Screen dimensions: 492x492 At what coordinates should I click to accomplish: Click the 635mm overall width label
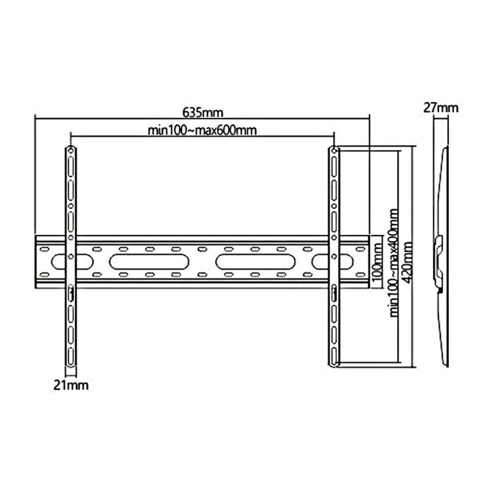click(x=202, y=113)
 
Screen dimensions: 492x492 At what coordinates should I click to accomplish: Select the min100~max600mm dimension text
click(x=202, y=130)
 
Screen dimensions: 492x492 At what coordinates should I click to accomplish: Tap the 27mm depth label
click(x=440, y=108)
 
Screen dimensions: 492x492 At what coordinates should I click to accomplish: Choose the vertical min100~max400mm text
click(x=394, y=261)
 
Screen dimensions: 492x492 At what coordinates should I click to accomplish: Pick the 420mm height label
click(x=407, y=261)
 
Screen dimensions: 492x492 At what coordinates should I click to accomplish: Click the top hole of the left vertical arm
click(x=71, y=151)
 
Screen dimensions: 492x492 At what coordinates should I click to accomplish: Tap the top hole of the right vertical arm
click(x=334, y=151)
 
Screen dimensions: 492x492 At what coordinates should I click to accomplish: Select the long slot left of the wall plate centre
click(x=149, y=261)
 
